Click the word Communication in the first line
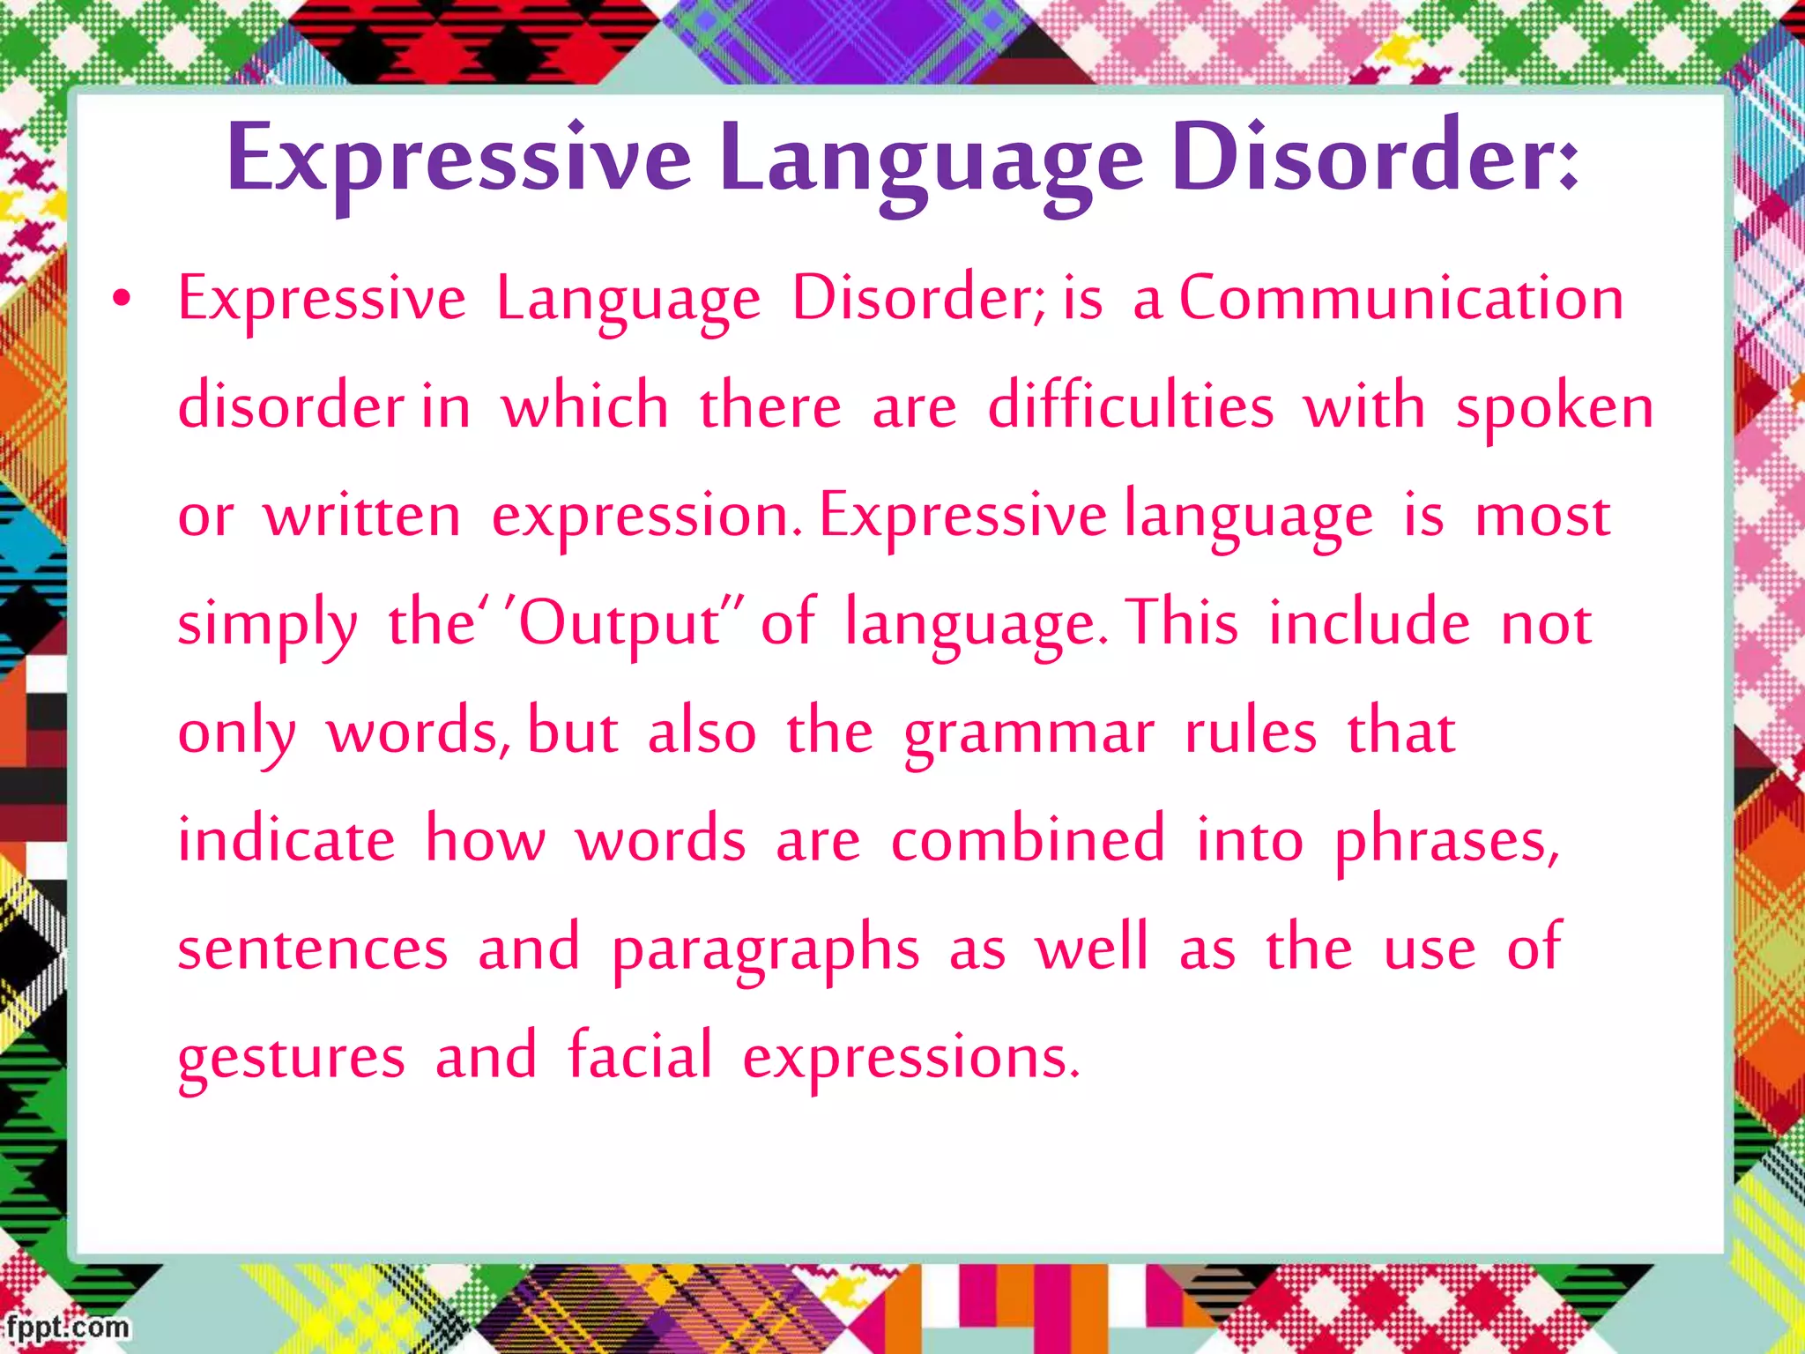point(1401,298)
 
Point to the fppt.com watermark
point(67,1327)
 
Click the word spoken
point(1555,409)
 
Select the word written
point(362,516)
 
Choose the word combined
point(1028,838)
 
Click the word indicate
point(286,838)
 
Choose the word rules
point(1250,732)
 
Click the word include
point(1369,623)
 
